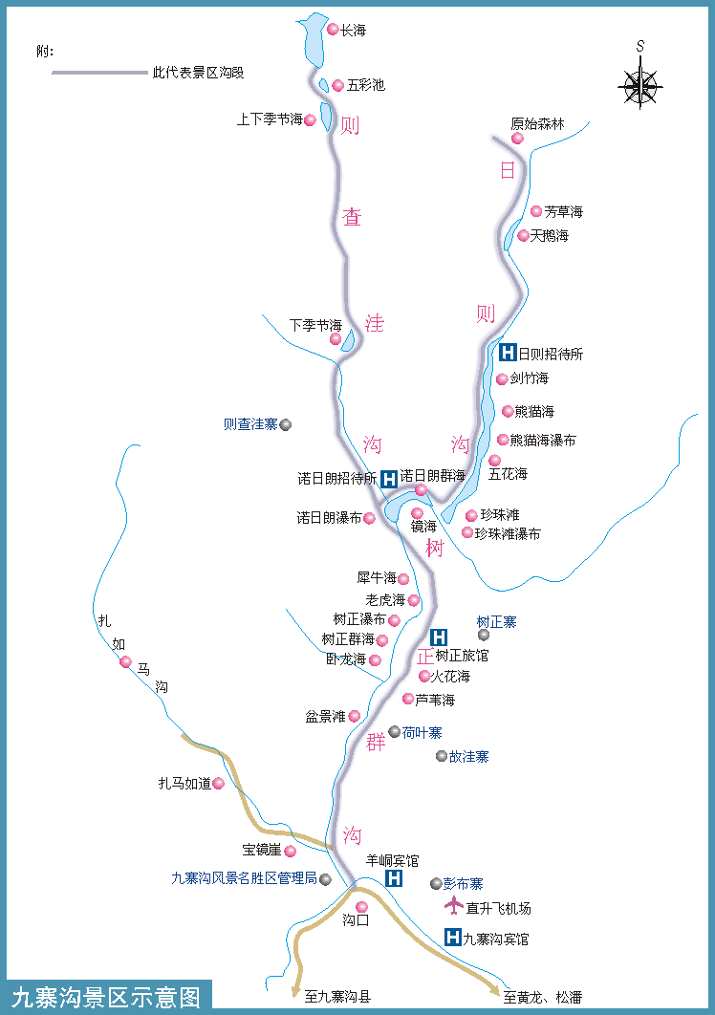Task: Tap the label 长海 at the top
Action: [353, 31]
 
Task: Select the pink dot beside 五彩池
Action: [337, 85]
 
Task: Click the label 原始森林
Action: [537, 124]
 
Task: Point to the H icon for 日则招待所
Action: [509, 353]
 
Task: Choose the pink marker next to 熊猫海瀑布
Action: [503, 440]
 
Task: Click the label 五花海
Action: [508, 473]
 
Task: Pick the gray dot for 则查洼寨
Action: [285, 424]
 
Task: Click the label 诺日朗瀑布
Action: [329, 518]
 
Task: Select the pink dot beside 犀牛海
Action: [403, 578]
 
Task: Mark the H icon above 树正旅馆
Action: [439, 637]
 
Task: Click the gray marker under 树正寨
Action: [484, 635]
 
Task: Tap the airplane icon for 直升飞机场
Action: [452, 906]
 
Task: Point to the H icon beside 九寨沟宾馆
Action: [453, 938]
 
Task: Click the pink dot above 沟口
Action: [361, 907]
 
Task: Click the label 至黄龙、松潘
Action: [542, 997]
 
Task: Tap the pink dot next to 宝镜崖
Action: [291, 851]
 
